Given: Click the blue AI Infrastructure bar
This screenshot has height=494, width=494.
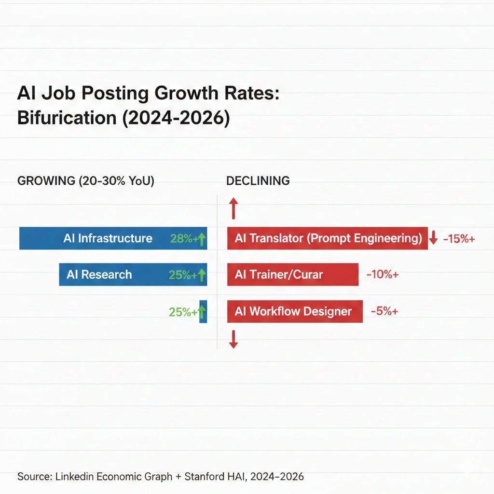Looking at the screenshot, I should point(96,238).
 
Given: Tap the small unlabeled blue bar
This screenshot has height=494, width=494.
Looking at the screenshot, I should point(203,311).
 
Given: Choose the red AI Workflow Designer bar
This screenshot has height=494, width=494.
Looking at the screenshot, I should point(295,311).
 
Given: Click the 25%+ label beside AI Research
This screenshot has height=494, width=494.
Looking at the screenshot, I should point(182,275).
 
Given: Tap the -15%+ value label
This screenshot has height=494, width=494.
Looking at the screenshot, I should point(459,238).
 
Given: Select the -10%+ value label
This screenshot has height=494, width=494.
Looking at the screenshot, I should point(383,275).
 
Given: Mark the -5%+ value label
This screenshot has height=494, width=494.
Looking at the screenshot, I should point(384,311).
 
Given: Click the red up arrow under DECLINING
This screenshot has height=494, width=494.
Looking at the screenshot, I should point(233,208).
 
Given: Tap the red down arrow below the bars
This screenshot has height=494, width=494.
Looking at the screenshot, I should point(233,339).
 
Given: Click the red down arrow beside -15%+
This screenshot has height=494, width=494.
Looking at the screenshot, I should point(433,237).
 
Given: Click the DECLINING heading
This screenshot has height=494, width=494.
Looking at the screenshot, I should point(258,181).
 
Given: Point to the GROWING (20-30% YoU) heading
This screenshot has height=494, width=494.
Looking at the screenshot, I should point(86,181).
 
